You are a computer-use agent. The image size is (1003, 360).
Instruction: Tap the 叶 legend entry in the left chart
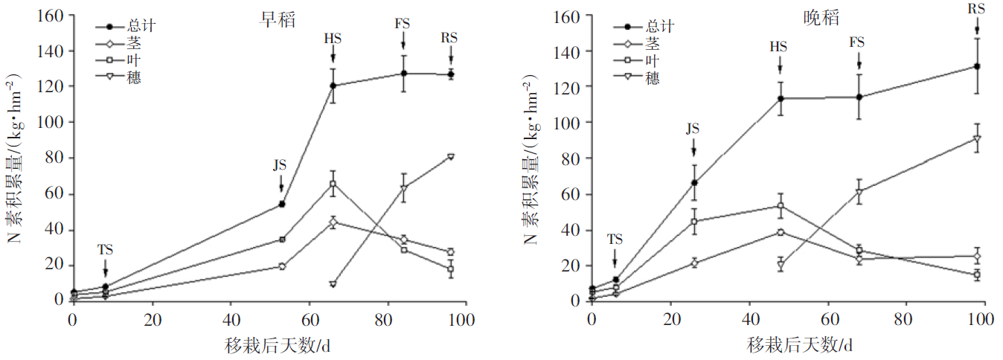(132, 61)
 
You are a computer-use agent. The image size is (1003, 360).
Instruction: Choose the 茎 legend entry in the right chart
(652, 44)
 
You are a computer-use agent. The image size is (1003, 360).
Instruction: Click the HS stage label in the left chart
(333, 38)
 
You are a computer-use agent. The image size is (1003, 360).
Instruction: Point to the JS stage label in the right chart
(693, 128)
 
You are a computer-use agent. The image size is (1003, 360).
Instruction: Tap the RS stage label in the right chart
(976, 9)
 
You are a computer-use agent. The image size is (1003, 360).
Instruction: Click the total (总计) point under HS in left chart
(333, 86)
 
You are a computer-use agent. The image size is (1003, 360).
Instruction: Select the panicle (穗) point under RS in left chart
(450, 156)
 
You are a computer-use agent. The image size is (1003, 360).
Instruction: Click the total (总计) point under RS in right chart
(976, 66)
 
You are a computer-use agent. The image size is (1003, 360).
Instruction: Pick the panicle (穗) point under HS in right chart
(781, 265)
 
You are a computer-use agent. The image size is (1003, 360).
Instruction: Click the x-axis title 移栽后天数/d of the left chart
(283, 346)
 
